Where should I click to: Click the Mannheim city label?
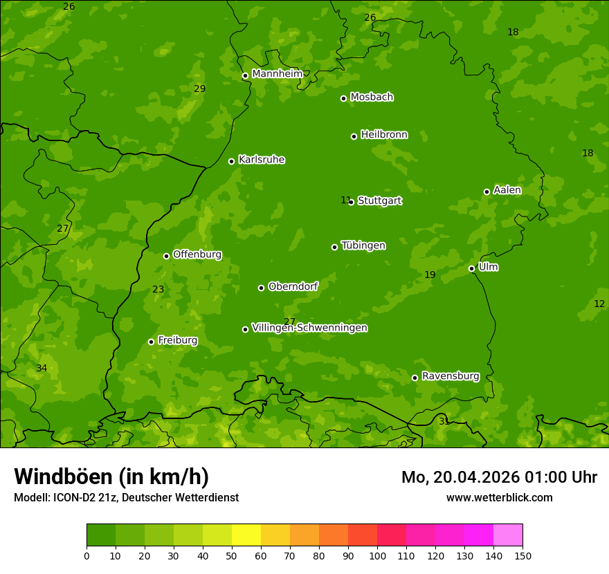point(277,73)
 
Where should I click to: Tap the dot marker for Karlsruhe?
point(231,161)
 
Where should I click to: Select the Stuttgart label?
point(379,201)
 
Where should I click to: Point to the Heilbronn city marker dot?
point(354,136)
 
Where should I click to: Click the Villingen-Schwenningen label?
point(309,328)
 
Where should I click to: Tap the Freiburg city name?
point(177,340)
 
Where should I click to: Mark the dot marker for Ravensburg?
point(415,378)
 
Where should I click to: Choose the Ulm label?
point(488,267)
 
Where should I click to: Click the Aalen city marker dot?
point(487,192)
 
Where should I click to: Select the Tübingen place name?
point(363,246)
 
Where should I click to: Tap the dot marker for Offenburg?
point(166,256)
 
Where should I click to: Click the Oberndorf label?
point(293,286)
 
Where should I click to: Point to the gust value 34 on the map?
point(42,368)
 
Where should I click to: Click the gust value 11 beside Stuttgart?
point(345,200)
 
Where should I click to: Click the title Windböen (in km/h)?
point(111,476)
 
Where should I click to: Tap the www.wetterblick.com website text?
point(499,497)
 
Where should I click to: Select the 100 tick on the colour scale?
point(377,556)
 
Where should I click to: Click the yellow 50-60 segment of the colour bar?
point(246,535)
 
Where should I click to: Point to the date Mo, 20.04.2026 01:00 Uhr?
point(499,477)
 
